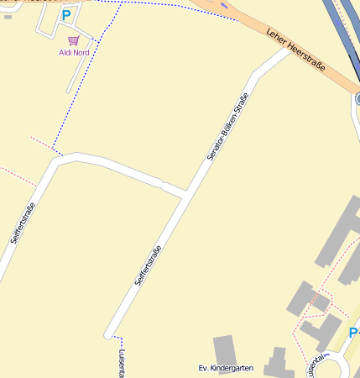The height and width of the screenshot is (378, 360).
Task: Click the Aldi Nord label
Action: click(74, 52)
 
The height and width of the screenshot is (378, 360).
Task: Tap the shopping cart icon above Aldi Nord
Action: click(74, 39)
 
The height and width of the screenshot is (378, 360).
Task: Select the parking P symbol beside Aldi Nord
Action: click(66, 15)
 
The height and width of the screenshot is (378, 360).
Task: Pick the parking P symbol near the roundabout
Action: click(353, 333)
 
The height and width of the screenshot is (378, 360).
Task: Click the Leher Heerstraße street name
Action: click(295, 50)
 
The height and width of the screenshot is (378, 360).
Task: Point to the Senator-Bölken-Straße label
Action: click(228, 129)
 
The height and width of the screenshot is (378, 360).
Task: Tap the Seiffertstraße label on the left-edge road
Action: click(23, 224)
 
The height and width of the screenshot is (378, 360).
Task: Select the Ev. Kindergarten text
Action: click(225, 369)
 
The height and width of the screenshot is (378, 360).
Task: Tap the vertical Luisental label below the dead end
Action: click(123, 363)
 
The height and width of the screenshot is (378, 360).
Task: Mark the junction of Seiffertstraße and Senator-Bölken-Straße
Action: click(185, 195)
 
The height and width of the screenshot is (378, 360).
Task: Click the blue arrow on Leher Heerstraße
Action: click(223, 6)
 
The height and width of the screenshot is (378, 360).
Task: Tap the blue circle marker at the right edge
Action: click(357, 99)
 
